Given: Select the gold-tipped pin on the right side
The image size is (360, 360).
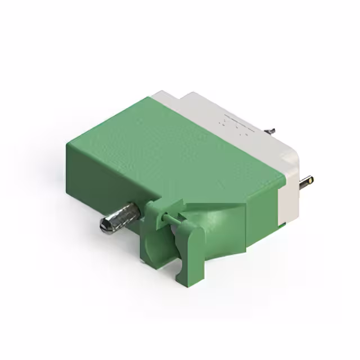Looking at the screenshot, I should point(307,181).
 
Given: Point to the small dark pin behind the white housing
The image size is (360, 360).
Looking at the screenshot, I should point(271,130).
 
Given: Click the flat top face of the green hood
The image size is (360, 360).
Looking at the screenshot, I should point(174,146).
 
